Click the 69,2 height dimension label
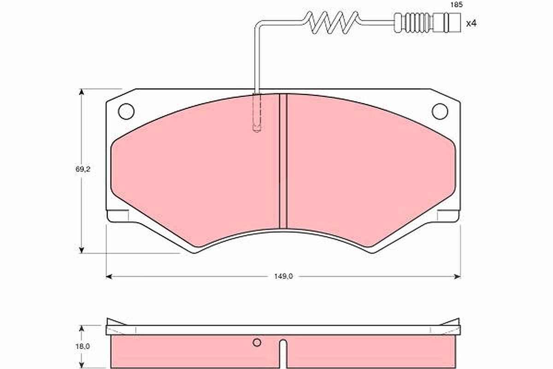point(83,169)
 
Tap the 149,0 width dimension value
point(283,277)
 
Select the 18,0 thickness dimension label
point(82,346)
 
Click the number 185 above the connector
point(457,5)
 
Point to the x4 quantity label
point(471,24)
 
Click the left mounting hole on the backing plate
point(126,112)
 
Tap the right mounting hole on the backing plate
point(440,112)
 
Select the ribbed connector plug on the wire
point(427,23)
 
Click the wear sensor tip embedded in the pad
point(257,113)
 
